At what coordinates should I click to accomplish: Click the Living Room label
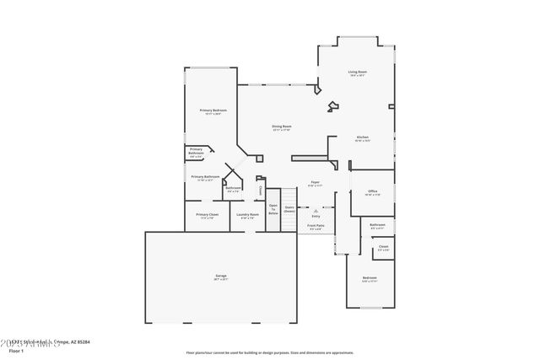click(x=357, y=73)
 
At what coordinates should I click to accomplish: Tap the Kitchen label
click(x=362, y=137)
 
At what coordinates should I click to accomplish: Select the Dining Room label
click(x=281, y=126)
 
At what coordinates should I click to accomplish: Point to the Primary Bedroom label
click(x=211, y=111)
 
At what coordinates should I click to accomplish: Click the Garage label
click(x=220, y=277)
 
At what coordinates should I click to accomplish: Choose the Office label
click(x=371, y=191)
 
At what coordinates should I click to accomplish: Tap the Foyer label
click(x=314, y=182)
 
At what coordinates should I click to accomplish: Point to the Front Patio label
click(x=316, y=226)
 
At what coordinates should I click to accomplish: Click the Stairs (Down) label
click(x=289, y=208)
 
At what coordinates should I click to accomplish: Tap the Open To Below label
click(x=273, y=209)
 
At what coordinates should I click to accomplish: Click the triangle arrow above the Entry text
click(x=316, y=210)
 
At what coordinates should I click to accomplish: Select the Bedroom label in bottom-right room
click(x=370, y=278)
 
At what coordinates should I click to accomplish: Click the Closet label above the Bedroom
click(x=383, y=246)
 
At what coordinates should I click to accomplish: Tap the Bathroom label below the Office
click(x=377, y=224)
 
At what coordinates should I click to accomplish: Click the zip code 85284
click(x=82, y=341)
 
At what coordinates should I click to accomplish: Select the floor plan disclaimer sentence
click(x=269, y=352)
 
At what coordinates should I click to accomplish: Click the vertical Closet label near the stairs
click(x=261, y=190)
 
